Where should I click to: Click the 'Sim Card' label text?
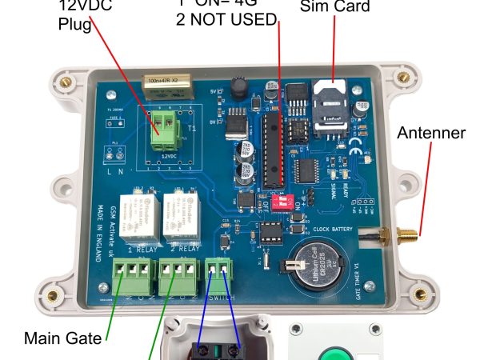[x=335, y=7]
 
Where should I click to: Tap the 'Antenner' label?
[x=431, y=133]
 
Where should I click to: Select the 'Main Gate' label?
[x=63, y=338]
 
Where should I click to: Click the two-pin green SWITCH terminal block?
[x=218, y=277]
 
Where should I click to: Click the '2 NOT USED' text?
[x=226, y=18]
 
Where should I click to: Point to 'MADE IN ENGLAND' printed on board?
[x=102, y=216]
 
